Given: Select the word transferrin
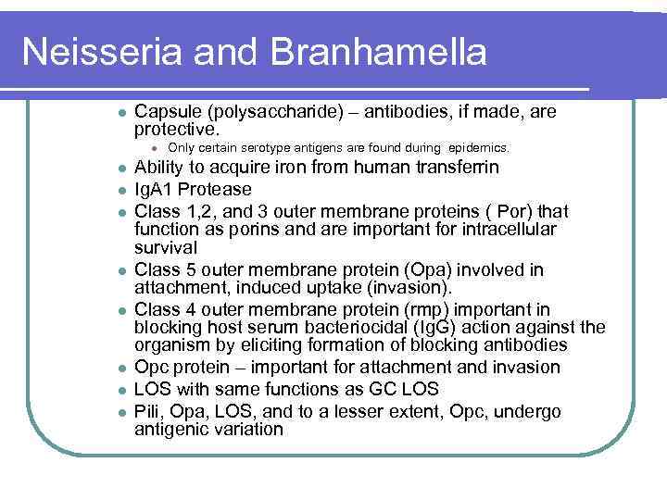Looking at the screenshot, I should pos(448,168).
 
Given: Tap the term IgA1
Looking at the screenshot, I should pos(154,189).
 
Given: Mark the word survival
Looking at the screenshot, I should pos(164,248).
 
